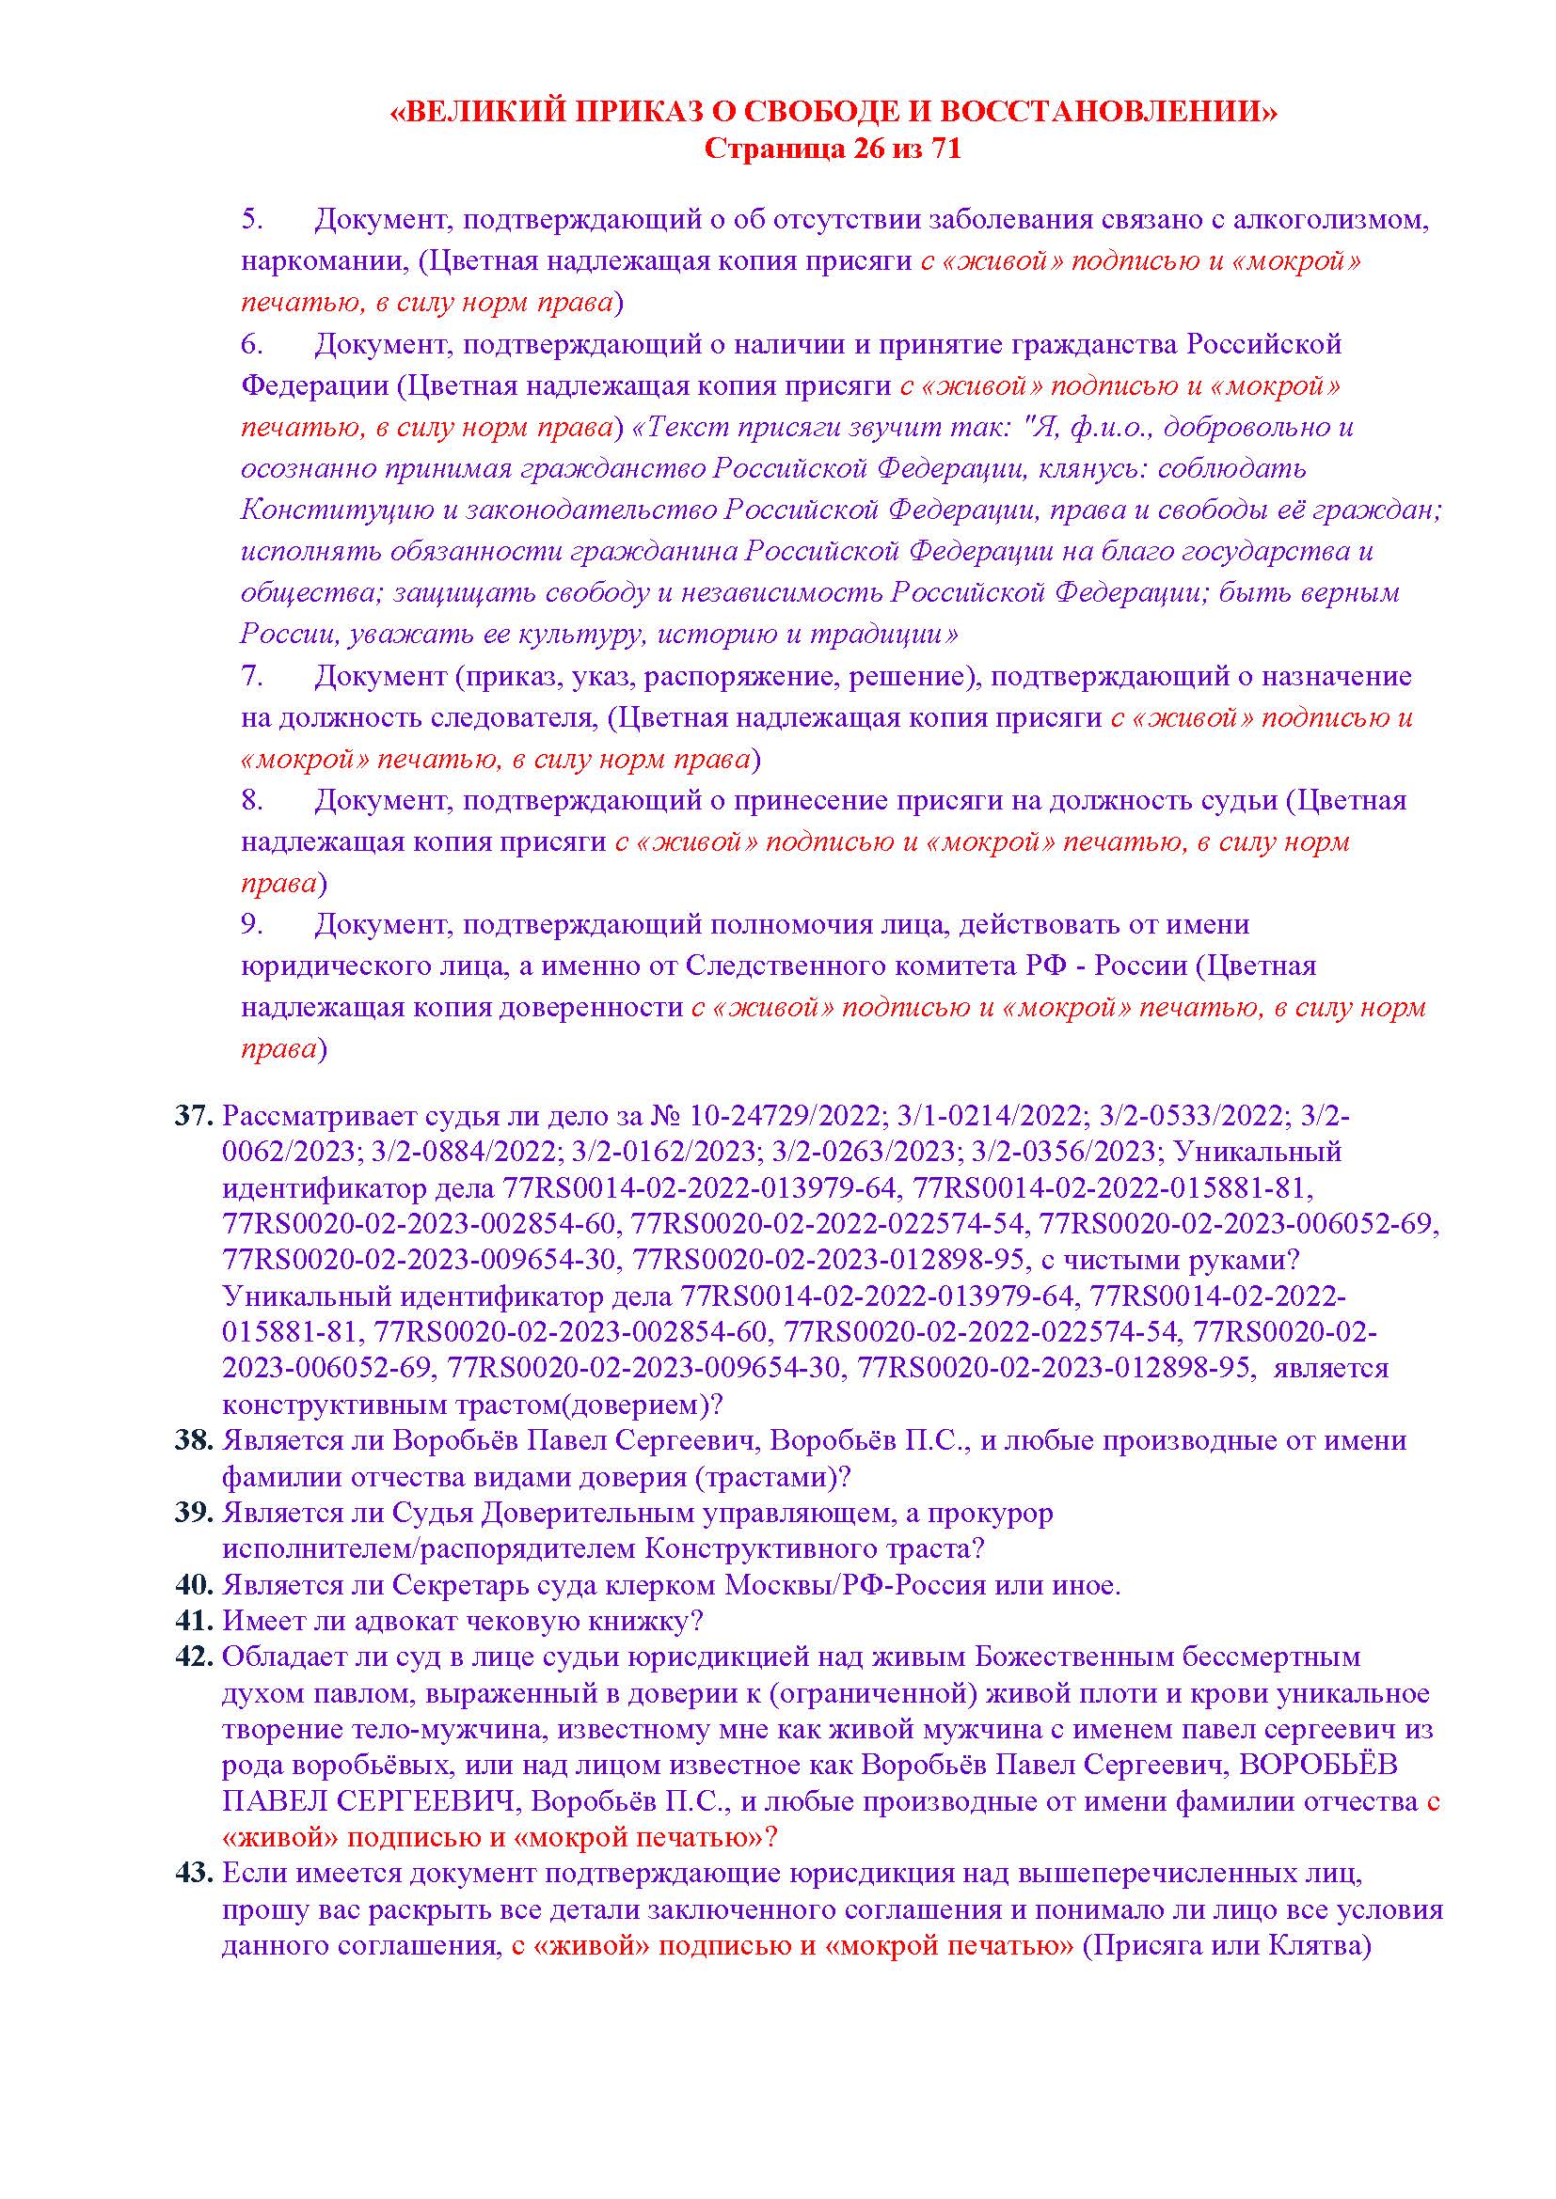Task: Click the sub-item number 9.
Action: tap(251, 924)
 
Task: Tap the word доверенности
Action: tap(589, 1008)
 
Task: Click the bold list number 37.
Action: tap(193, 1117)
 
